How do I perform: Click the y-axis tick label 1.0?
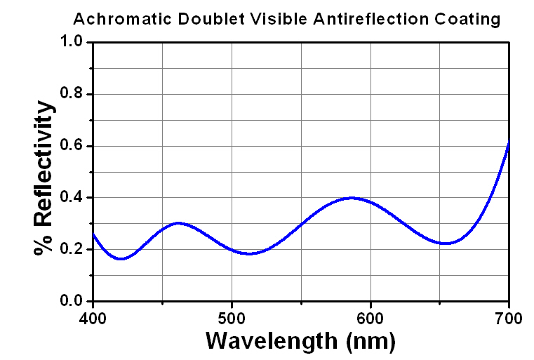click(x=72, y=43)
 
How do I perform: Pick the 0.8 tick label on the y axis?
click(x=72, y=95)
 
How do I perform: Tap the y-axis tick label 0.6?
click(x=72, y=146)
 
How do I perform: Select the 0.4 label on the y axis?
click(x=72, y=198)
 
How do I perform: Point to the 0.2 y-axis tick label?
click(x=72, y=250)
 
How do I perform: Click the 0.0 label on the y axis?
click(x=72, y=302)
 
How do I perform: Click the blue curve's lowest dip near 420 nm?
click(x=121, y=259)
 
